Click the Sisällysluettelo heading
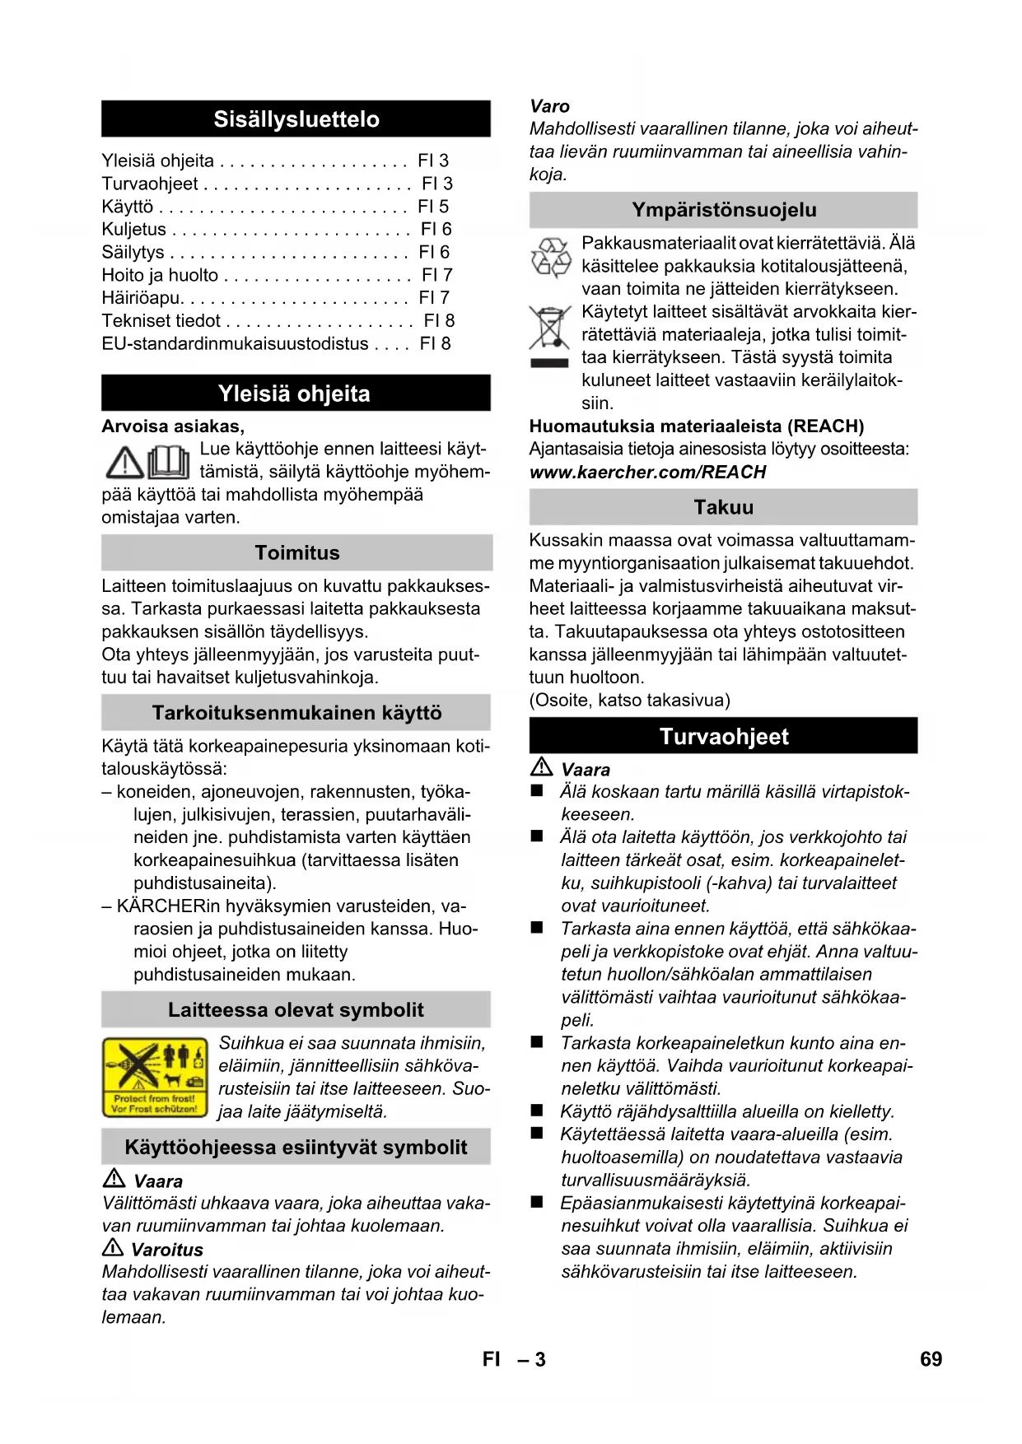click(x=296, y=119)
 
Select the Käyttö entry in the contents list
click(x=128, y=207)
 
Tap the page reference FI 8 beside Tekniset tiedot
click(x=439, y=320)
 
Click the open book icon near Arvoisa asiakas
click(x=169, y=462)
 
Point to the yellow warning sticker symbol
click(x=156, y=1076)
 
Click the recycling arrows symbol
click(x=550, y=257)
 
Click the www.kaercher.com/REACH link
click(x=647, y=473)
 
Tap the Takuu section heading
click(x=723, y=507)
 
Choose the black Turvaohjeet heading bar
click(x=723, y=736)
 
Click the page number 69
click(x=931, y=1359)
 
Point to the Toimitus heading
click(x=296, y=552)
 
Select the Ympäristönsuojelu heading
click(x=723, y=210)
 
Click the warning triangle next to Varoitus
click(x=113, y=1247)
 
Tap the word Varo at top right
click(x=549, y=106)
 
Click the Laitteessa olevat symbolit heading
click(x=296, y=1010)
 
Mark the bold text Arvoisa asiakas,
click(x=173, y=426)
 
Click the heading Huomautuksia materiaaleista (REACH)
click(x=696, y=426)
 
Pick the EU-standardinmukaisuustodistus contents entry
click(x=235, y=343)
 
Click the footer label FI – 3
click(x=514, y=1359)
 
